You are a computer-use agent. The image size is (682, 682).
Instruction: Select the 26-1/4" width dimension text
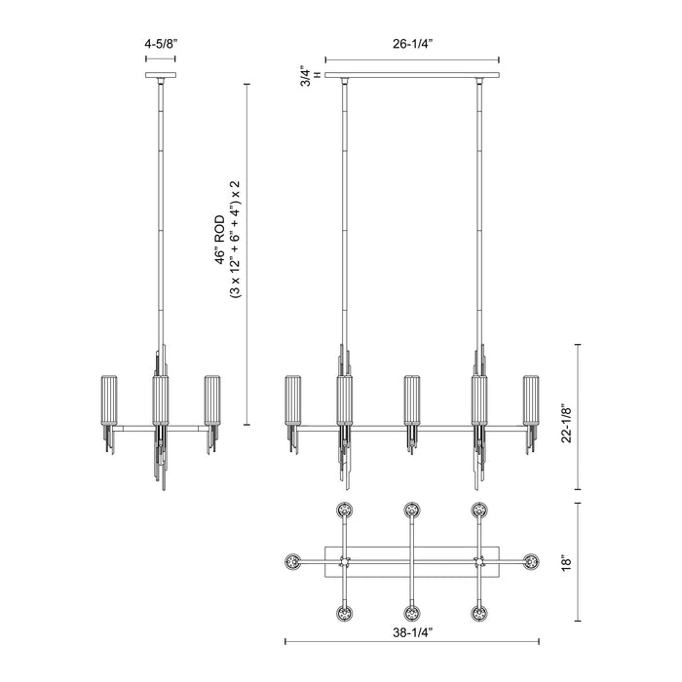(412, 43)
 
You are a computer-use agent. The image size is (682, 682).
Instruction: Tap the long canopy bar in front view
(412, 75)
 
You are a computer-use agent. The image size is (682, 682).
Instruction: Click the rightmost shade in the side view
(211, 399)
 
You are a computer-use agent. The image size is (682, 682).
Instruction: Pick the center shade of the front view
(412, 399)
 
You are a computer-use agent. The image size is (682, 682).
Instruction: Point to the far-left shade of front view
(292, 399)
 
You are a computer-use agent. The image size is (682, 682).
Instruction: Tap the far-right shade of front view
(531, 399)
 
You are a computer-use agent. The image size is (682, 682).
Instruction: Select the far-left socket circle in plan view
(291, 561)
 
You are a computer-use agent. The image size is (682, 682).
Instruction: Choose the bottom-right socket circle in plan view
(479, 614)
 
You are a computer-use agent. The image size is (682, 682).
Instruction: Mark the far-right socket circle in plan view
(531, 561)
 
